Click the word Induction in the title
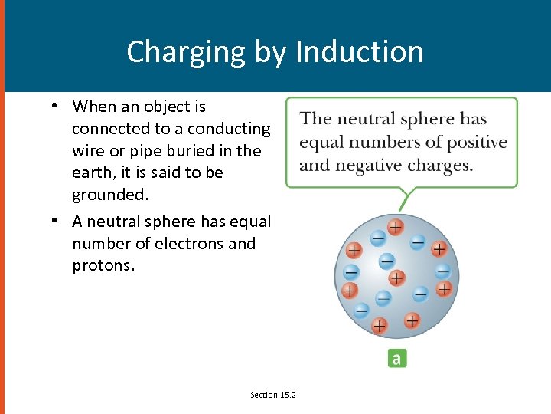coord(359,52)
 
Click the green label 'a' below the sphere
coord(396,358)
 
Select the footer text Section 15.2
coord(273,394)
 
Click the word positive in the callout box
coord(478,143)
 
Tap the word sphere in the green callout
coord(428,119)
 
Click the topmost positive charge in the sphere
coord(395,227)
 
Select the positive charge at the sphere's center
coord(396,278)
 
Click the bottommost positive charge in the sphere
coord(379,327)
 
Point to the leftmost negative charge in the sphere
coord(350,271)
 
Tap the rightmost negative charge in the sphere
coord(442,271)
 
